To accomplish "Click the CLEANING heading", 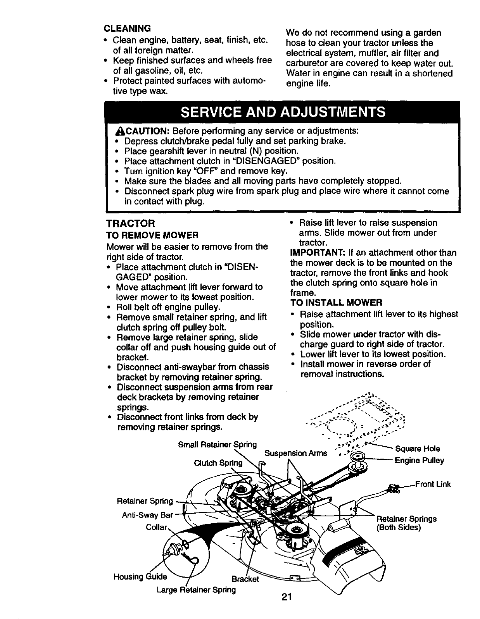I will click(127, 28).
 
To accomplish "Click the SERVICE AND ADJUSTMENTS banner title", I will click(283, 112).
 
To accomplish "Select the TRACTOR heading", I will click(131, 224).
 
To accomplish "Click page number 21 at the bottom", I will click(287, 597).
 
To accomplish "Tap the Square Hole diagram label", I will click(417, 449).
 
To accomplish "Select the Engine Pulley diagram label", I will click(419, 460).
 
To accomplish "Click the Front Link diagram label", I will click(433, 484).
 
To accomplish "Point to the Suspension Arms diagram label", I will click(295, 453).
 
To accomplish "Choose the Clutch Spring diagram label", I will click(218, 463).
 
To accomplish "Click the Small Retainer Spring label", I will click(217, 444).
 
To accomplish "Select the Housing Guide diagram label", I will click(140, 577).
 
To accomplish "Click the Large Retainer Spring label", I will click(196, 590).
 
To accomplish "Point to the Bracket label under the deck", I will click(245, 579).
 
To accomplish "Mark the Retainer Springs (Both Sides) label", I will click(406, 523).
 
